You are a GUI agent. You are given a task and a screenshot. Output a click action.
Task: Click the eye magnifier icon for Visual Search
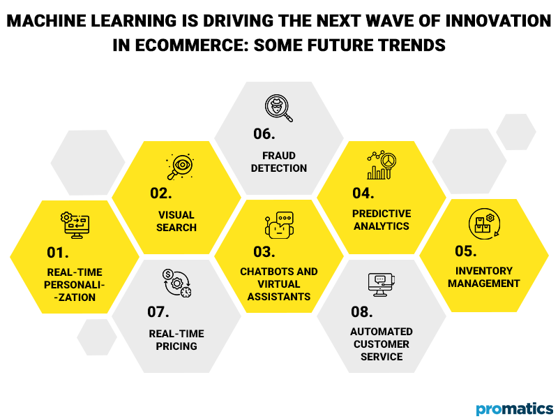[179, 166]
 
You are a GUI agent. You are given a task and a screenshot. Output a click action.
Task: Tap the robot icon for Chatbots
[279, 224]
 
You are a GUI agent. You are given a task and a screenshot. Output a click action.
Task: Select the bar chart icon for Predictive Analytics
[381, 166]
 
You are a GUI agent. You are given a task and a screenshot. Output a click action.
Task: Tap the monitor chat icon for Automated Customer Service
[381, 283]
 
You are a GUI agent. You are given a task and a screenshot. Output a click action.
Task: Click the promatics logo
[515, 408]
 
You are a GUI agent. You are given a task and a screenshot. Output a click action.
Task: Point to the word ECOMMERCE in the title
[174, 45]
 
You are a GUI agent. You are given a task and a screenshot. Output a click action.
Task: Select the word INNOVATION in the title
[481, 21]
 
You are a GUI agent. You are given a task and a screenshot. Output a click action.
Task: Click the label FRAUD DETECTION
[279, 161]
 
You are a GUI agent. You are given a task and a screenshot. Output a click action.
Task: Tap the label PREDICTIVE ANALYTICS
[382, 219]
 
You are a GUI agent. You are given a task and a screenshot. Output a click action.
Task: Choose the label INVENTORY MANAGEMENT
[484, 277]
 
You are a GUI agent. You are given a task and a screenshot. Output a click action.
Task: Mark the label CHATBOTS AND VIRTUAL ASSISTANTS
[279, 284]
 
